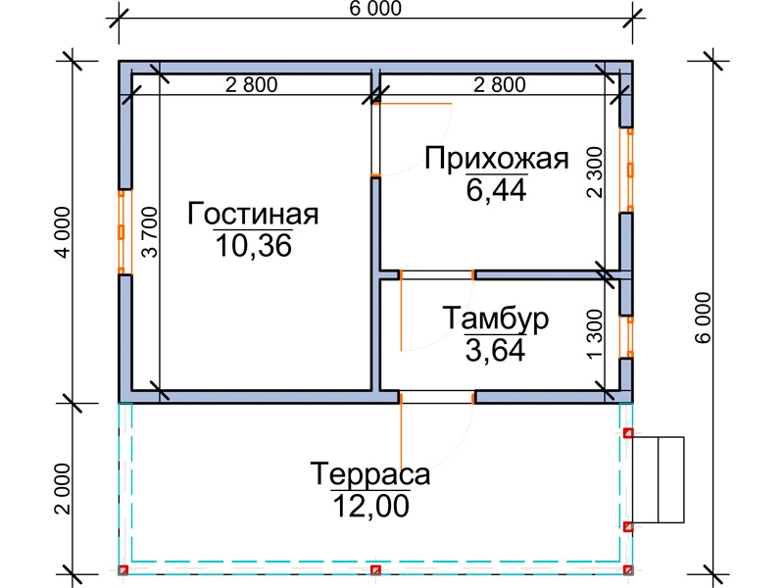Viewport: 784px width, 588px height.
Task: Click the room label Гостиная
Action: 254,214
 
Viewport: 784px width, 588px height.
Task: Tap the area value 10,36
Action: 254,246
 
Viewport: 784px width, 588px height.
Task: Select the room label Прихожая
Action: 497,158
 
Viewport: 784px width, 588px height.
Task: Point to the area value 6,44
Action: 497,189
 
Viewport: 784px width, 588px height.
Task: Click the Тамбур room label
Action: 496,318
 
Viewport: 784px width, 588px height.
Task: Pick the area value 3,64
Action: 496,349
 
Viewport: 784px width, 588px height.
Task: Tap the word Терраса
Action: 370,474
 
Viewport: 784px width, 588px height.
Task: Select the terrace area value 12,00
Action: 370,506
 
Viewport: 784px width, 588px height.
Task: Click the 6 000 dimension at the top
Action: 374,9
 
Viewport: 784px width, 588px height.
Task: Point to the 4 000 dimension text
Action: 62,231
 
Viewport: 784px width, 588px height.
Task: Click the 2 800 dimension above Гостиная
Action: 251,85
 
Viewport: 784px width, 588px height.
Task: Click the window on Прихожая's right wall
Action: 628,168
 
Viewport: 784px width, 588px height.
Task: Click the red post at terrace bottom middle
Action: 375,569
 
